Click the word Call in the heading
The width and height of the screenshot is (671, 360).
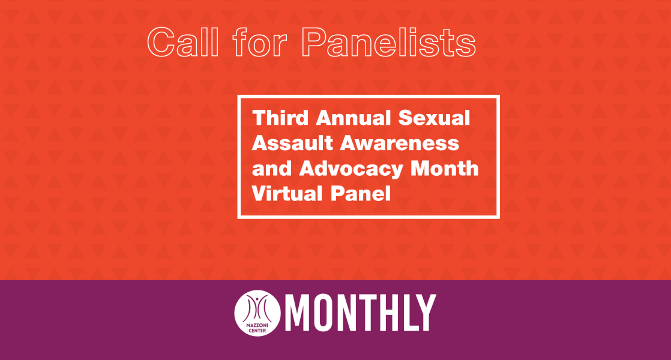(x=183, y=42)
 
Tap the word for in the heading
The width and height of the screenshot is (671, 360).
(x=260, y=42)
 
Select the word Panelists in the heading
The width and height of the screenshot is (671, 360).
(x=388, y=42)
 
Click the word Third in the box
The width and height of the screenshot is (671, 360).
(x=280, y=118)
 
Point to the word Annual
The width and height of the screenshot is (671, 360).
(x=354, y=118)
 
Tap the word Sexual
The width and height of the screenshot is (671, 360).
(x=434, y=118)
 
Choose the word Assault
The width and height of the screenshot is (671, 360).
(x=292, y=143)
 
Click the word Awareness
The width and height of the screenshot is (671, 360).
(x=400, y=143)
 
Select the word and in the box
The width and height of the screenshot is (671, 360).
(x=272, y=169)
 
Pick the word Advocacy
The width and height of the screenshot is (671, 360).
(x=351, y=169)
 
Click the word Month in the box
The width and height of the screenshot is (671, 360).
(x=444, y=169)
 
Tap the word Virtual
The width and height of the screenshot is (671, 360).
(x=287, y=194)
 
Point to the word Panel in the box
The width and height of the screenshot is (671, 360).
(x=361, y=194)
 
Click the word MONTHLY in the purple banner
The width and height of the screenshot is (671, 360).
(x=361, y=313)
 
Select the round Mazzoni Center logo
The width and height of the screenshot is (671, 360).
(x=257, y=313)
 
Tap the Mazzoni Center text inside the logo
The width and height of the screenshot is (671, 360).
(x=257, y=328)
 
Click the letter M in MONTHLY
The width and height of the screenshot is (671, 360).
(x=299, y=313)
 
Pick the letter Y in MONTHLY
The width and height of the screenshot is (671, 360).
(x=425, y=313)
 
